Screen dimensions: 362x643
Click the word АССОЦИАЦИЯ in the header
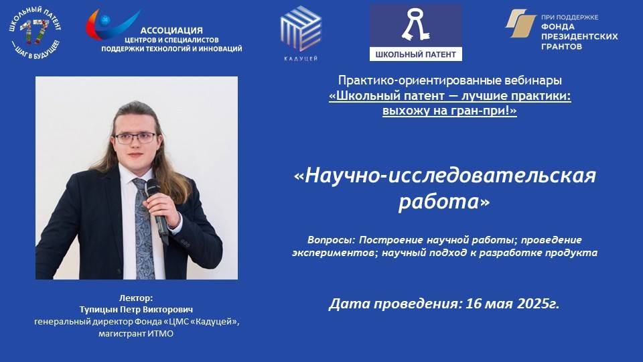(171, 30)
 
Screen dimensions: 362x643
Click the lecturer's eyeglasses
(135, 137)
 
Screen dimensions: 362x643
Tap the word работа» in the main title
(444, 202)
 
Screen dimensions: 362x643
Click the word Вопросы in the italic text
(328, 240)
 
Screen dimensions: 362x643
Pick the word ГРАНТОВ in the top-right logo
(561, 46)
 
